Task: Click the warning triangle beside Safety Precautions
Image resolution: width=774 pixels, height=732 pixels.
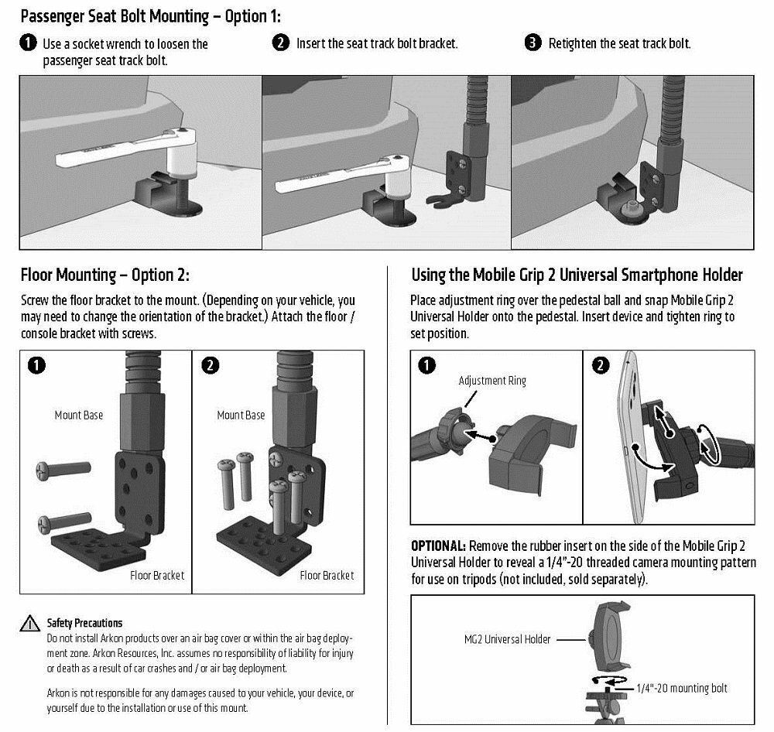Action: tap(30, 624)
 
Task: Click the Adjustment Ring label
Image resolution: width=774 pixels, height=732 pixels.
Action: tap(491, 381)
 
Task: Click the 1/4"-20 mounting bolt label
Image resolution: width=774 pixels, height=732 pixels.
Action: tap(681, 688)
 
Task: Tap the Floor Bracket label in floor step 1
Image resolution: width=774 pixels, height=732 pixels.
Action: tap(157, 575)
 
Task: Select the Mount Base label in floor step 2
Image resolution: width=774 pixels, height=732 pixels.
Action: tap(241, 416)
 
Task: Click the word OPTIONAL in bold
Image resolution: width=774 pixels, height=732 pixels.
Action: tap(438, 546)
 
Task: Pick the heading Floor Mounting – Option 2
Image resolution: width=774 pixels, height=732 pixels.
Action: tap(104, 275)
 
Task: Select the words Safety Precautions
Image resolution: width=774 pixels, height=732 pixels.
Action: tap(84, 623)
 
